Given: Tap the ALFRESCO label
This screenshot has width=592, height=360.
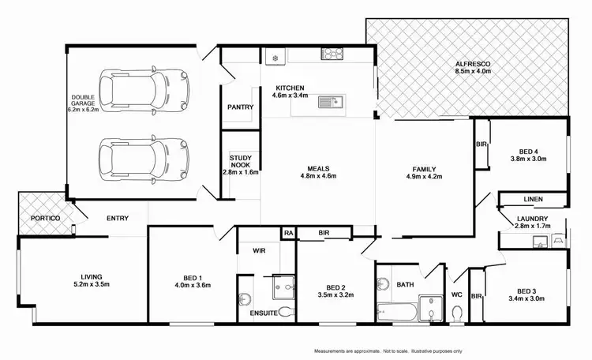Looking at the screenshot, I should click(x=474, y=62).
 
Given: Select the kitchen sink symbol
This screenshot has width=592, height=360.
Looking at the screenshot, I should click(x=328, y=102).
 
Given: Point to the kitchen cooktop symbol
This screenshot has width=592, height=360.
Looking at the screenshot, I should click(x=331, y=54).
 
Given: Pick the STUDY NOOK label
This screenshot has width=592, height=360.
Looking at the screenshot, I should click(x=240, y=162).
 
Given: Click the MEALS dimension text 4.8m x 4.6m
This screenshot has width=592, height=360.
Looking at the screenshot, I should click(x=318, y=176).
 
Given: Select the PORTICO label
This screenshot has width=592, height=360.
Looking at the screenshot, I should click(x=35, y=218).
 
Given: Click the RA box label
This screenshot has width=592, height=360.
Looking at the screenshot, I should click(x=288, y=234).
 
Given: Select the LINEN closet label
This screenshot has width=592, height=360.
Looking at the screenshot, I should click(x=532, y=201).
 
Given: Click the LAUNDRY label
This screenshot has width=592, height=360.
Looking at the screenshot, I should click(x=532, y=219).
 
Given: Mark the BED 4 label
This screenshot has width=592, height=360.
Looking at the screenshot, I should click(x=528, y=152).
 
